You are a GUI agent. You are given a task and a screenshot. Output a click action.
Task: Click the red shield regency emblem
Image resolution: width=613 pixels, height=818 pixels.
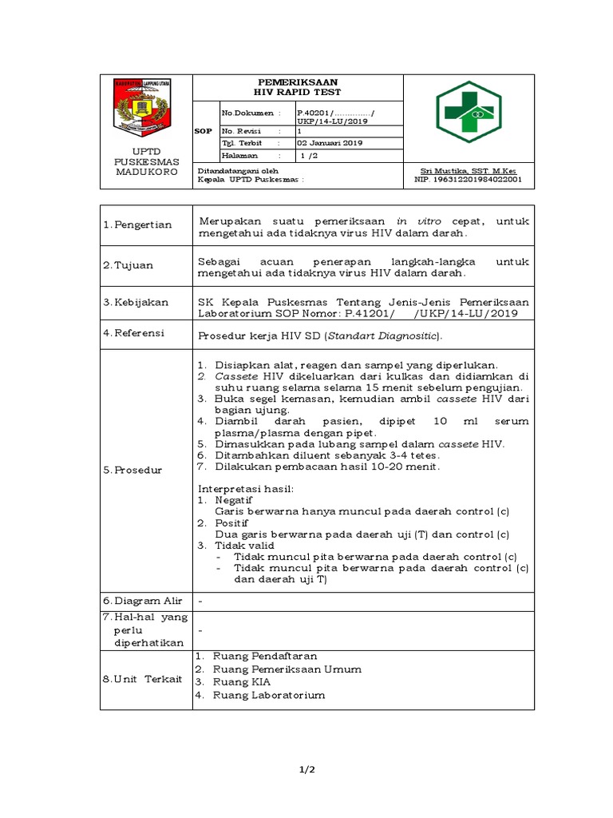142,107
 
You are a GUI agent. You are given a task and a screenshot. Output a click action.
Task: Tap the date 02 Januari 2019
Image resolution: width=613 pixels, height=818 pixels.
330,143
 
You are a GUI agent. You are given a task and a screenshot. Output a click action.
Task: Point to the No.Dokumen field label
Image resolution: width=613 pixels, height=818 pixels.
247,113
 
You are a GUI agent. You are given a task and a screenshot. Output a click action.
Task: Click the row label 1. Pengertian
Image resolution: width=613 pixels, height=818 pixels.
137,224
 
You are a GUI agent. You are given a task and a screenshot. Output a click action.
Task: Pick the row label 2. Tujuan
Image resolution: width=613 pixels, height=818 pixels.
128,265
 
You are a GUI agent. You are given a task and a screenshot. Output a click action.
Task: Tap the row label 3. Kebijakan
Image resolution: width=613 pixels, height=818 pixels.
136,303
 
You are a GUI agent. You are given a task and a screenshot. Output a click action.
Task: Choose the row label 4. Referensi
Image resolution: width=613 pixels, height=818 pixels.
135,333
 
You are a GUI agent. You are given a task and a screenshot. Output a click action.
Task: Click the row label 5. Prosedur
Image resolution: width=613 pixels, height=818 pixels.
132,471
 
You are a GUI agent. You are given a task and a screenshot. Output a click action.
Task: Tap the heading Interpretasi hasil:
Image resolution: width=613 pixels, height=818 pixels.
246,488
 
